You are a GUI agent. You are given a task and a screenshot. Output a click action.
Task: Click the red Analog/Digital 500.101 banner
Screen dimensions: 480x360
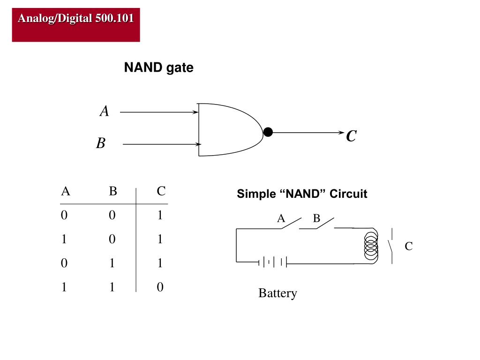click(x=76, y=25)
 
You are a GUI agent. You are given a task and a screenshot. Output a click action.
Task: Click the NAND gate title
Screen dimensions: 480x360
click(x=158, y=67)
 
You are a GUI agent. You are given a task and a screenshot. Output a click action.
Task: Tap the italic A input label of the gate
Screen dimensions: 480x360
click(x=105, y=111)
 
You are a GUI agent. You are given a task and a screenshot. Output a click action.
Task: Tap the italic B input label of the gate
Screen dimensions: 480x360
click(x=101, y=143)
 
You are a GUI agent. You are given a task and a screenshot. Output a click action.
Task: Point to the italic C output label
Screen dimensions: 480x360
click(x=352, y=135)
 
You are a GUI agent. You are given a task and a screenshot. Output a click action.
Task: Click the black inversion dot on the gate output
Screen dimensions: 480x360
click(x=268, y=132)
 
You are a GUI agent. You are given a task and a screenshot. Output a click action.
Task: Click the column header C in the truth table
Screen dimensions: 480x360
click(x=161, y=191)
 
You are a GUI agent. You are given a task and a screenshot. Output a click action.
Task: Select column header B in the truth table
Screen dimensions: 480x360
click(x=113, y=191)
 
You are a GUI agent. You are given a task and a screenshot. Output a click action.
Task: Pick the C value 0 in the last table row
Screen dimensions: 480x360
click(x=160, y=287)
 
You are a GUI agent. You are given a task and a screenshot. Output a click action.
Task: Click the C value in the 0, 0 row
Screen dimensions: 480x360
click(x=160, y=215)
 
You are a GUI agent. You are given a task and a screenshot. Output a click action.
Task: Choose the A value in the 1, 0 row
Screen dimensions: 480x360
click(x=64, y=239)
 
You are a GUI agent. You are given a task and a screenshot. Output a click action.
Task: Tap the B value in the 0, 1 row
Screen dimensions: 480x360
click(x=112, y=263)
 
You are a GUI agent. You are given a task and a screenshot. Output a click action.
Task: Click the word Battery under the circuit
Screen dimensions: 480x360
click(x=277, y=293)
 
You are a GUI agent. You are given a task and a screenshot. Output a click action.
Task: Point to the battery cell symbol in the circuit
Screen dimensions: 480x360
click(x=272, y=262)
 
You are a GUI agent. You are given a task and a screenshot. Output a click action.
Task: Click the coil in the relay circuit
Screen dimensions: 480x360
click(x=371, y=246)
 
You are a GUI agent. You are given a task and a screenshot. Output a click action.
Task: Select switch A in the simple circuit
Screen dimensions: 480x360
click(x=291, y=223)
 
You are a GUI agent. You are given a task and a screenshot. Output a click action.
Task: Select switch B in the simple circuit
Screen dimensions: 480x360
click(x=324, y=223)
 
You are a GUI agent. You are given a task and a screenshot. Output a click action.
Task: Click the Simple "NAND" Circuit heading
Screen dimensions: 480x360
click(x=302, y=194)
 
